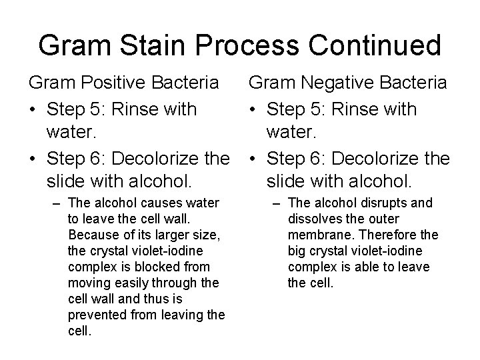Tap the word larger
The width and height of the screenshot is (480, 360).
click(x=158, y=235)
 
